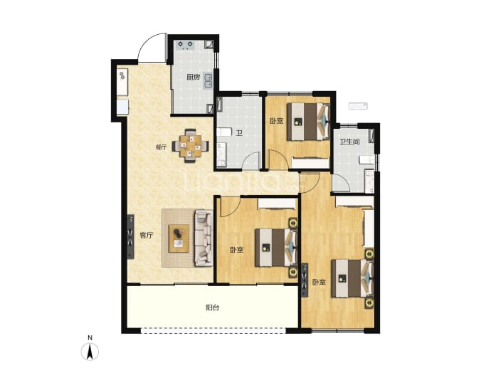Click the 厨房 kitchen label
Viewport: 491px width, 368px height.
tap(194, 77)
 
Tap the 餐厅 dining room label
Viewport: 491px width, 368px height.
tap(161, 147)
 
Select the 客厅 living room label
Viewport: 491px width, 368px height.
tap(147, 235)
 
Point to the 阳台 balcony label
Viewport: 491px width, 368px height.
tap(212, 307)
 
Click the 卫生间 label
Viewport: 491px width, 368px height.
tap(349, 142)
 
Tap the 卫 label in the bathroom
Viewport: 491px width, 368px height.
tap(239, 133)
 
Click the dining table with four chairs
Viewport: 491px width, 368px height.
tap(191, 146)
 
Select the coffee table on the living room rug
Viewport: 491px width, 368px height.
tap(179, 238)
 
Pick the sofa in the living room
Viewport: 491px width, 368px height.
tap(204, 238)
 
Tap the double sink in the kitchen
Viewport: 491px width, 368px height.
tap(208, 81)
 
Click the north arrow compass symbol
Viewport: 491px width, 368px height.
tap(90, 352)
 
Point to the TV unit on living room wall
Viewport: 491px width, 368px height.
tap(131, 236)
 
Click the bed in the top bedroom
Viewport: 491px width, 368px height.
tap(309, 121)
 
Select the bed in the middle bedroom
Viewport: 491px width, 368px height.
tap(276, 248)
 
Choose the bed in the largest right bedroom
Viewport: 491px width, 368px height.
tap(352, 278)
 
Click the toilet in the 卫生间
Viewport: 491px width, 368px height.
tap(369, 181)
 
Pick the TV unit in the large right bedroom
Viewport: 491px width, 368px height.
tap(305, 280)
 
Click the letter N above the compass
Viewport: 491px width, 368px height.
tap(90, 338)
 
